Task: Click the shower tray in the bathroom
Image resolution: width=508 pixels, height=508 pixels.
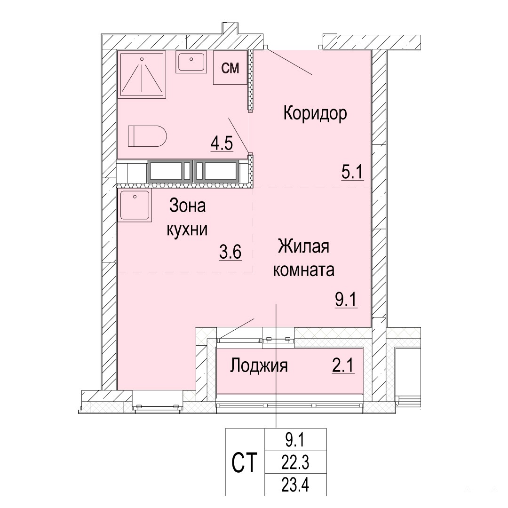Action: point(142,74)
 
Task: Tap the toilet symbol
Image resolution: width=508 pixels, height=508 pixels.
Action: point(147,136)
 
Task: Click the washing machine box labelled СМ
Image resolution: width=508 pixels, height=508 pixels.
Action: point(230,68)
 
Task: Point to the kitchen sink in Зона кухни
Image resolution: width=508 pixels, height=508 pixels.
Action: point(135,206)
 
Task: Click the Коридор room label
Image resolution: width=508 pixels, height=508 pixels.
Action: point(315,114)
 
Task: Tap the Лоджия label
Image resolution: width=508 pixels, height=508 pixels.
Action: point(259,366)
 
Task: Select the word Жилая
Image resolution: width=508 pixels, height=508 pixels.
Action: point(303,246)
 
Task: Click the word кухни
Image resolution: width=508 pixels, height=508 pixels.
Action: point(187,230)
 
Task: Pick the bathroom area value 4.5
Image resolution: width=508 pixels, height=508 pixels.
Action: point(222,144)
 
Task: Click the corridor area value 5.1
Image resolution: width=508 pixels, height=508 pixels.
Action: point(352,172)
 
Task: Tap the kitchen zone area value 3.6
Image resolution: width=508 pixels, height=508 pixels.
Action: point(230,252)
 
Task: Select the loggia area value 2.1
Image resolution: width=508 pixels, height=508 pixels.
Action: point(343,366)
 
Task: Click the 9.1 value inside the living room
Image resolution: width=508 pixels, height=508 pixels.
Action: point(346,300)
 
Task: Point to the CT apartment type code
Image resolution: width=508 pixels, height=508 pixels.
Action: point(245,463)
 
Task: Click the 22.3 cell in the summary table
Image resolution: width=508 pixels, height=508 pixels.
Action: point(295,463)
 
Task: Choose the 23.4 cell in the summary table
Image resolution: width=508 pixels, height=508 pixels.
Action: point(295,485)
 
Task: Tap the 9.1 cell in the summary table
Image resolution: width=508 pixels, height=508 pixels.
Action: point(295,440)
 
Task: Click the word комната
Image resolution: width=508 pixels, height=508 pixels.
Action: point(303,270)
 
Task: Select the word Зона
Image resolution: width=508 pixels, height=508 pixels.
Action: point(187,206)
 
